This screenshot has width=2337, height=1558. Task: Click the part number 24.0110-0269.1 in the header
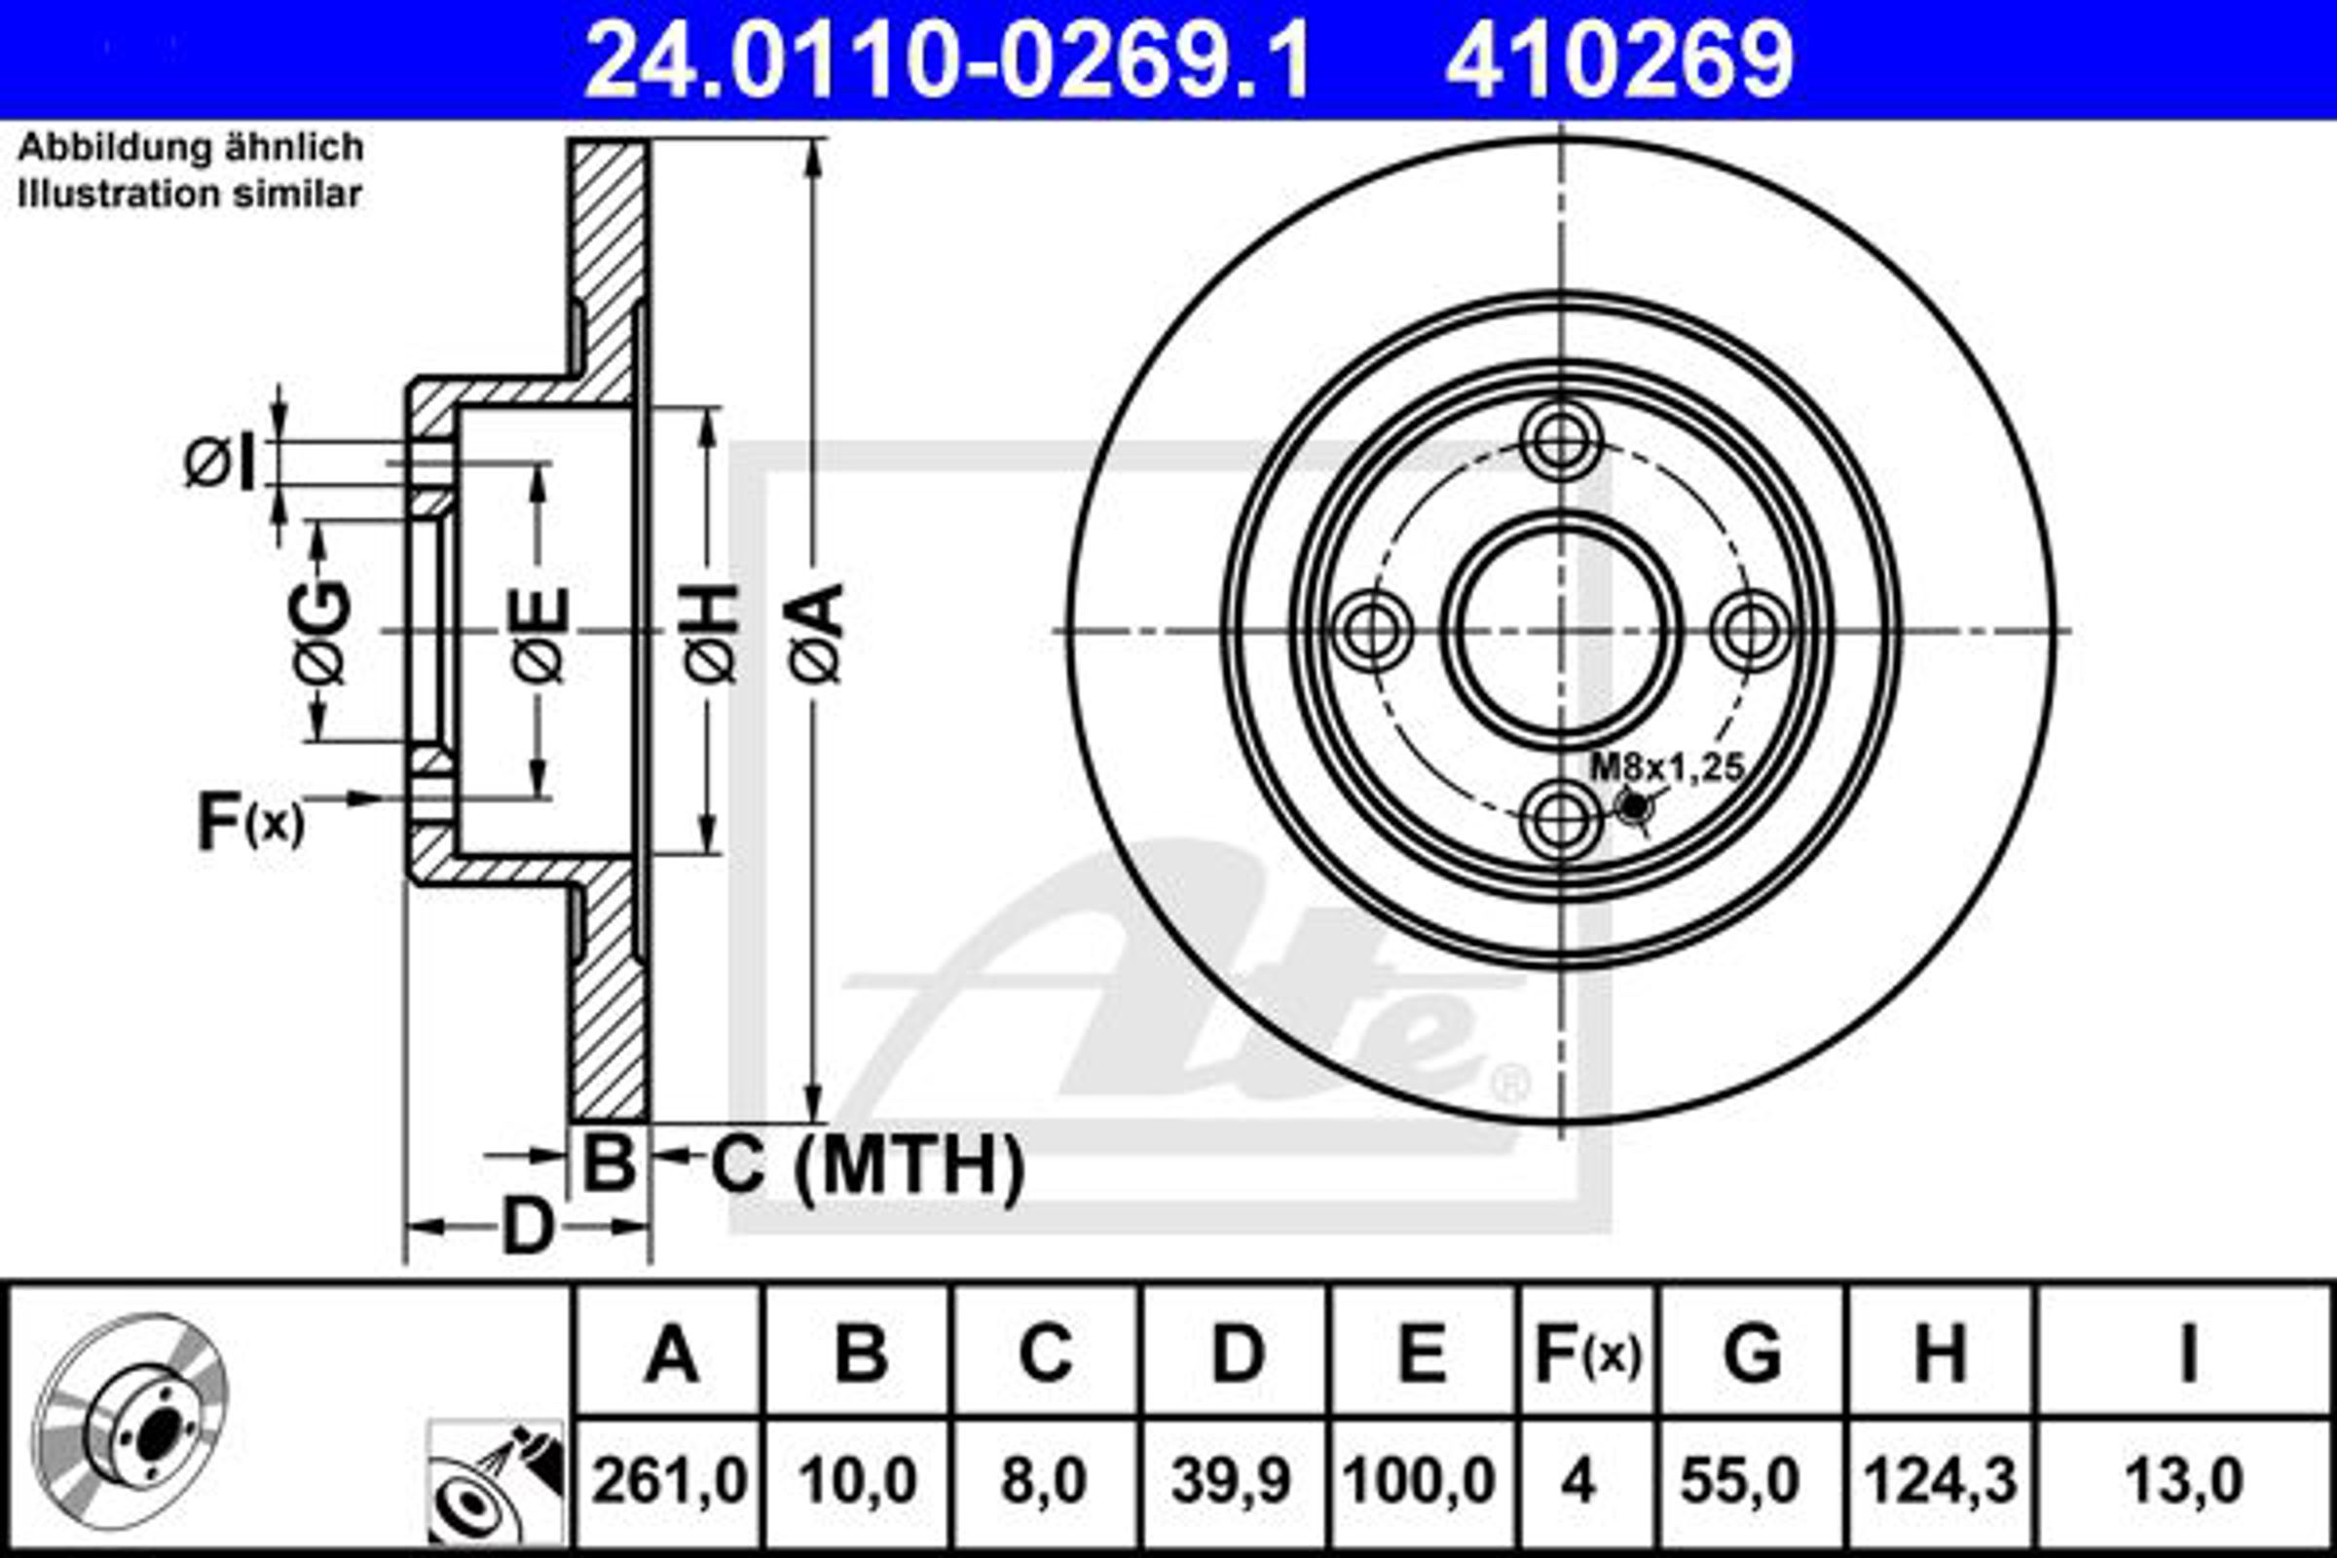coord(948,60)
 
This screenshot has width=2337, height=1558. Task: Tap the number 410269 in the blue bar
coord(1618,60)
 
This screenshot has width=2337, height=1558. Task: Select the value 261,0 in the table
coord(669,1480)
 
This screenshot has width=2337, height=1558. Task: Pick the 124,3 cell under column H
coord(1941,1480)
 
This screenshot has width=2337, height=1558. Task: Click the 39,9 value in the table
coord(1232,1480)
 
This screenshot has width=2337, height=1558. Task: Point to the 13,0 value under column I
coord(2183,1480)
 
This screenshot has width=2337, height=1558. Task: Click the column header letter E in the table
coord(1422,1353)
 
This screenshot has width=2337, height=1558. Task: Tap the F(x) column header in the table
coord(1588,1354)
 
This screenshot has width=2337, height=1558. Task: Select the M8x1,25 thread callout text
coord(1668,768)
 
